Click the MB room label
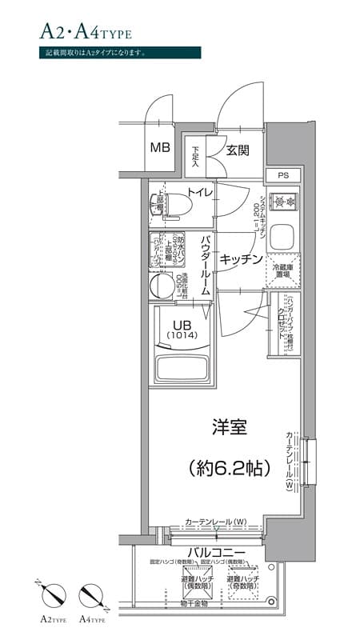click(x=162, y=147)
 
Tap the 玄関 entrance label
click(x=238, y=150)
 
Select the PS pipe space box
click(x=283, y=175)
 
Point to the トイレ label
click(x=199, y=192)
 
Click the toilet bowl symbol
click(x=170, y=206)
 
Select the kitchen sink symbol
click(x=283, y=237)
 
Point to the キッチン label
click(x=242, y=258)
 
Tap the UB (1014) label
click(x=181, y=328)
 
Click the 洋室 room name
click(x=228, y=427)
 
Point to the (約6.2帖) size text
click(x=227, y=469)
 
